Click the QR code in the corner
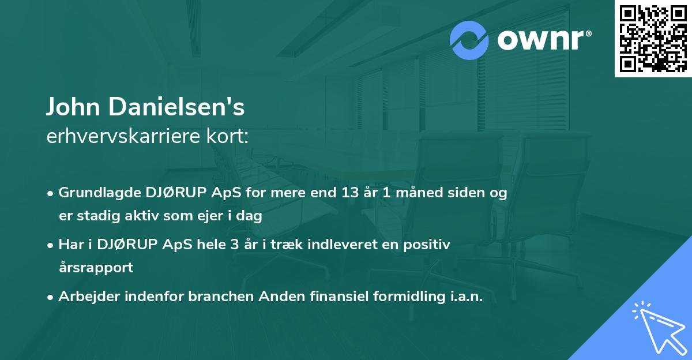tap(653, 39)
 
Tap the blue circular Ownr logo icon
tap(469, 40)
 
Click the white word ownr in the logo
tap(541, 40)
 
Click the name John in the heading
tap(73, 107)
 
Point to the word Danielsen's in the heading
tap(176, 107)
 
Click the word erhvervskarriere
tap(123, 136)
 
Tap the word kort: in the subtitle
tap(227, 136)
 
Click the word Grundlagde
tap(100, 193)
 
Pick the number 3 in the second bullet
tap(235, 245)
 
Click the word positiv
tap(427, 245)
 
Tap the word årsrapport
tap(96, 268)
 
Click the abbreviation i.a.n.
tap(467, 297)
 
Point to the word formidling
tap(409, 297)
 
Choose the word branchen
tap(221, 297)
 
